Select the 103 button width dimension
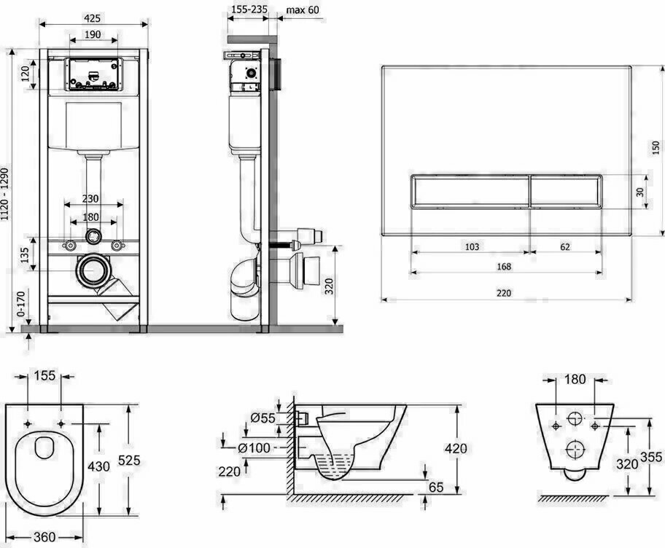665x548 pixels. pos(471,247)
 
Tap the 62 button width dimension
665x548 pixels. pos(565,247)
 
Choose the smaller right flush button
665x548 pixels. pos(565,192)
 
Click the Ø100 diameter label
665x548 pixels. pos(254,447)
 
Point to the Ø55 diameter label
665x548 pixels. pos(262,418)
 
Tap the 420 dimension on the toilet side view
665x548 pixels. pos(456,448)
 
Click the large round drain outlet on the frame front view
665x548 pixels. pos(93,272)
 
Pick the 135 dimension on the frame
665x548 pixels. pos(24,254)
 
